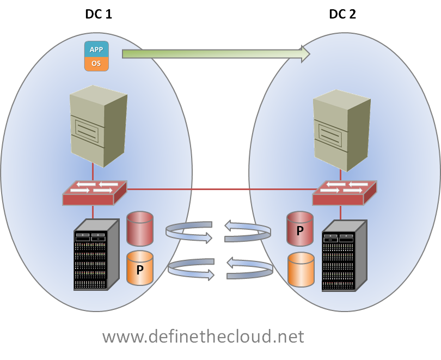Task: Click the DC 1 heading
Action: tap(99, 14)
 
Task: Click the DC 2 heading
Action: tap(342, 14)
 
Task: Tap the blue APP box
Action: tap(96, 48)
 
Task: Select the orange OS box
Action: tap(96, 63)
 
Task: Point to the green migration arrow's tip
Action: tap(308, 53)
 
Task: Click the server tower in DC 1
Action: tap(97, 126)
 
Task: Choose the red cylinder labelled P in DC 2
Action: tap(301, 229)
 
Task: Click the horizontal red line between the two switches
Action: tap(218, 189)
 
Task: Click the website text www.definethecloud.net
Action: tap(203, 336)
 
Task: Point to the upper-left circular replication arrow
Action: tap(188, 231)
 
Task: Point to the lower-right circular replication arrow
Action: tap(249, 269)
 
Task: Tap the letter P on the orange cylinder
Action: tap(140, 269)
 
